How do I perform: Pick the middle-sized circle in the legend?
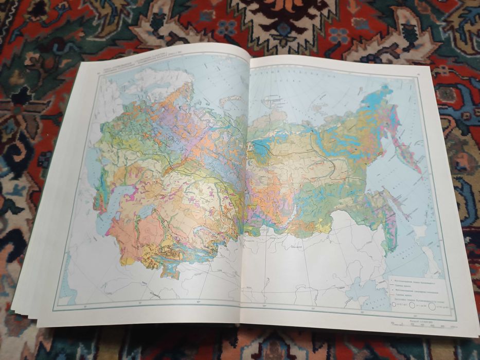413,305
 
